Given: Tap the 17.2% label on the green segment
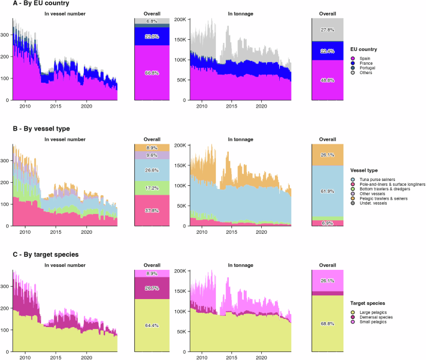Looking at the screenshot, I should tap(151, 188).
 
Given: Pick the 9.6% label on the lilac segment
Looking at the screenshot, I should tap(151, 155).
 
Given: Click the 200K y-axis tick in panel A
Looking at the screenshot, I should tap(179, 20).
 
